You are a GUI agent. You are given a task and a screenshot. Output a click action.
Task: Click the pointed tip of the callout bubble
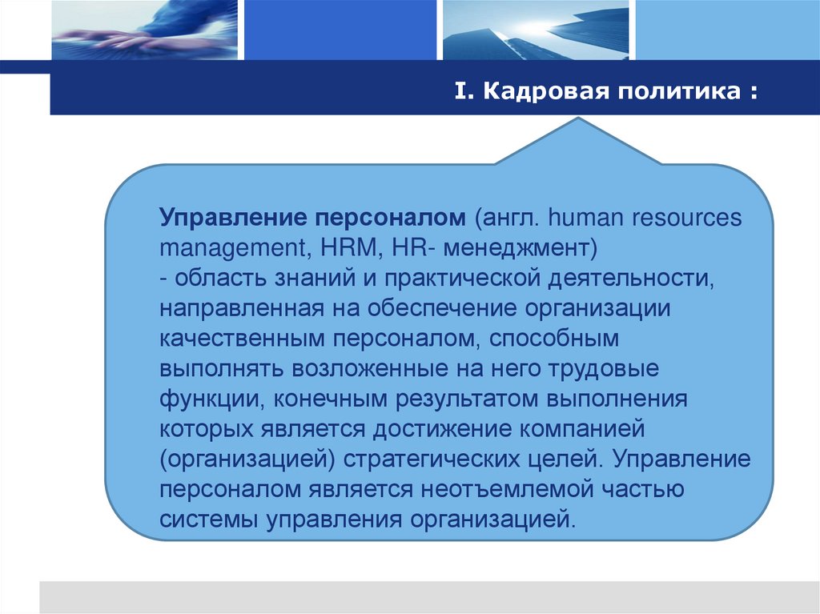click(x=579, y=122)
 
